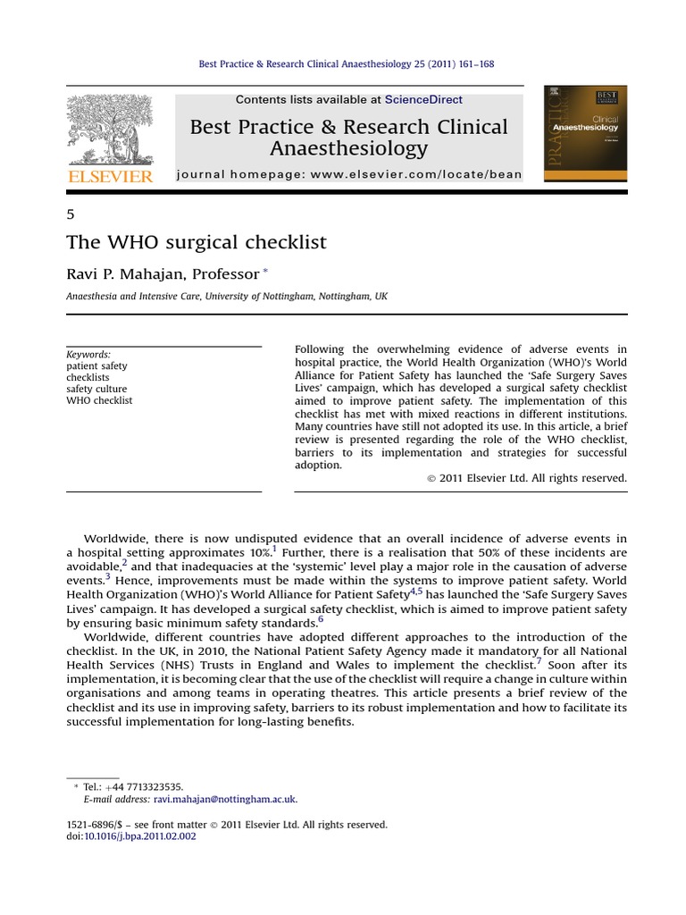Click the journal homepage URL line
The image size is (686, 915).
tap(348, 175)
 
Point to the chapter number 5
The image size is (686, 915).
tap(71, 214)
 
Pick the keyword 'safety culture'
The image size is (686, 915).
tap(96, 390)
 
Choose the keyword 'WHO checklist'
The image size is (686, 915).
tap(99, 401)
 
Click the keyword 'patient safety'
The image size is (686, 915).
tap(96, 366)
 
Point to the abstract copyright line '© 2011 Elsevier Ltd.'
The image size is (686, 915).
tap(526, 478)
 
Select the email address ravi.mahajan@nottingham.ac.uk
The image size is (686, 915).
tap(225, 800)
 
